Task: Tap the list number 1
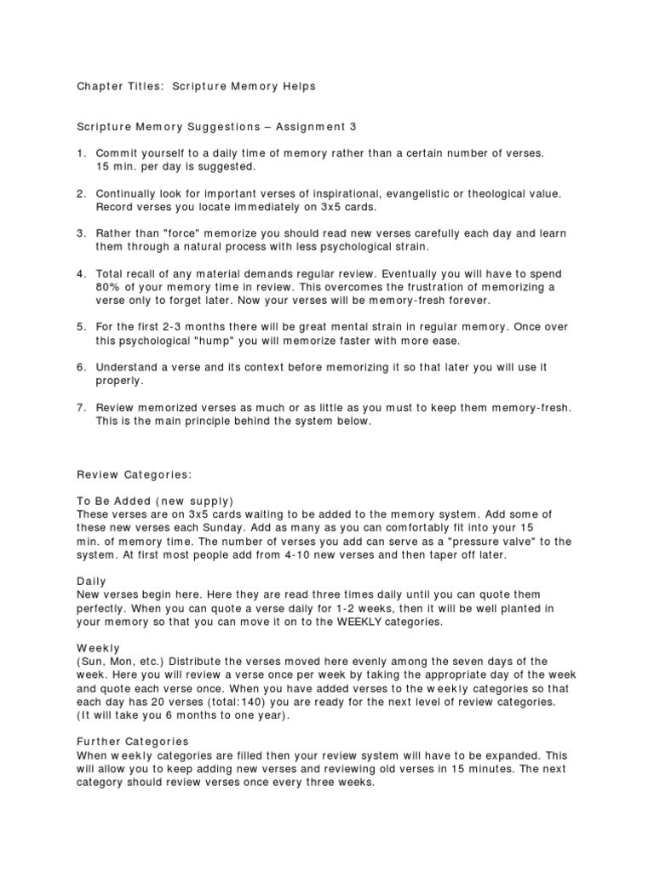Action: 81,153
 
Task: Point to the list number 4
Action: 81,274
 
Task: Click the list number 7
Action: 81,408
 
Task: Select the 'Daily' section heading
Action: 92,581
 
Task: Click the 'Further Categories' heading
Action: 132,742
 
